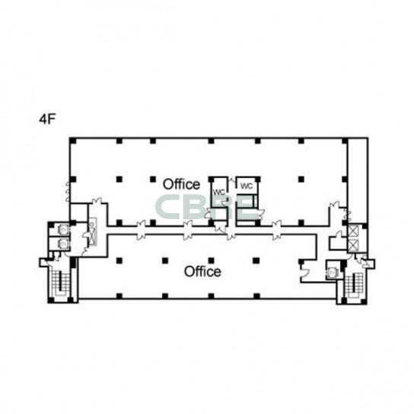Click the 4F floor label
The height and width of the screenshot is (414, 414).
tap(47, 119)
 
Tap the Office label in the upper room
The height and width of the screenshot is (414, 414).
tap(181, 184)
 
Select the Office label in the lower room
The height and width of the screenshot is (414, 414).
tap(202, 272)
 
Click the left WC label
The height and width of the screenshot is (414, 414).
tap(218, 192)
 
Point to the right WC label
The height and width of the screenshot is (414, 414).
tap(247, 186)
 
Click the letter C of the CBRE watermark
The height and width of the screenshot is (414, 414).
tap(167, 207)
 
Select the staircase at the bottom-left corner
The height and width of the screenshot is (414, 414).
tap(60, 283)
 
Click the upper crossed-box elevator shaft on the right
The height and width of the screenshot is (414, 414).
tap(353, 231)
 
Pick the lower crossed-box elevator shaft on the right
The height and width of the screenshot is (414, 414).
tap(353, 246)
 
